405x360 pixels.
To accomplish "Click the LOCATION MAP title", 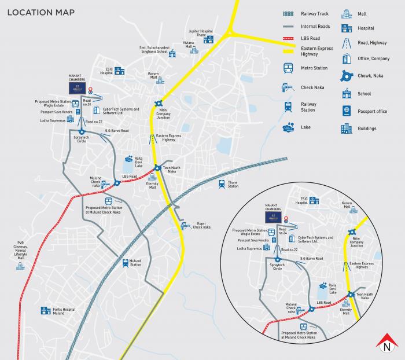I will (x=35, y=12).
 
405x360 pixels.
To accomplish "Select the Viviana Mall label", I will (x=189, y=44).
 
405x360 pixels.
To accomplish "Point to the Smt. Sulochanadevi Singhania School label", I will (x=161, y=51).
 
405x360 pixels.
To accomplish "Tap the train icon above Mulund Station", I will (x=126, y=263).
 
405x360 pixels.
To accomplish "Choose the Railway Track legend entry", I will (x=316, y=14).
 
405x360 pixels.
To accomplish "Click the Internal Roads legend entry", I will (x=315, y=27).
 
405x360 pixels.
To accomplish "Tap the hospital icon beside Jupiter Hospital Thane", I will (x=208, y=39).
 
